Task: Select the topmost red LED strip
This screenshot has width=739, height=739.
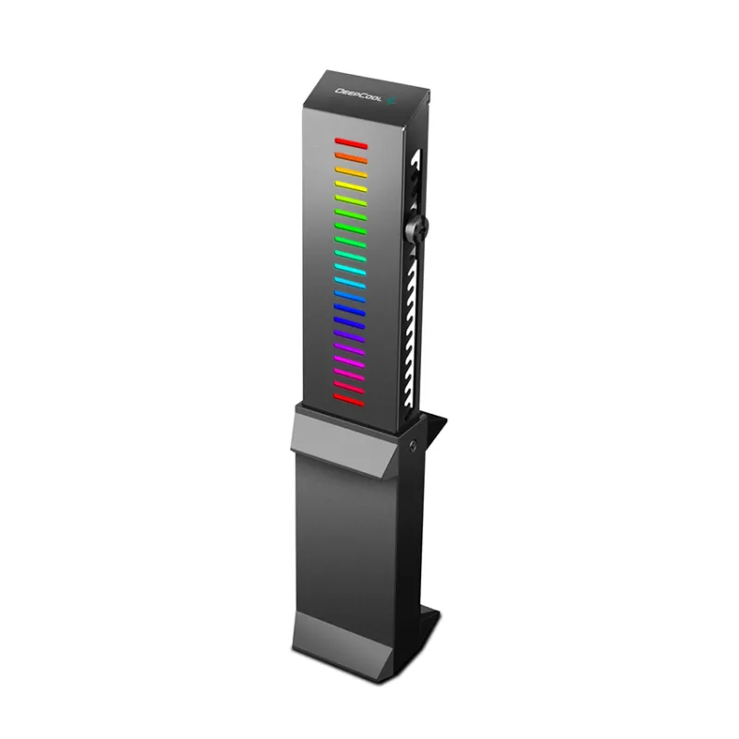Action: point(351,144)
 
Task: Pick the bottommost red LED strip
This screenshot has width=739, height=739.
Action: point(350,398)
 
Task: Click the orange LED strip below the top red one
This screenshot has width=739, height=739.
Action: point(351,159)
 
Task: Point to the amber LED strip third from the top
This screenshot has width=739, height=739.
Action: point(351,172)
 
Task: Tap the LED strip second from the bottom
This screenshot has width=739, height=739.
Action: point(350,385)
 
